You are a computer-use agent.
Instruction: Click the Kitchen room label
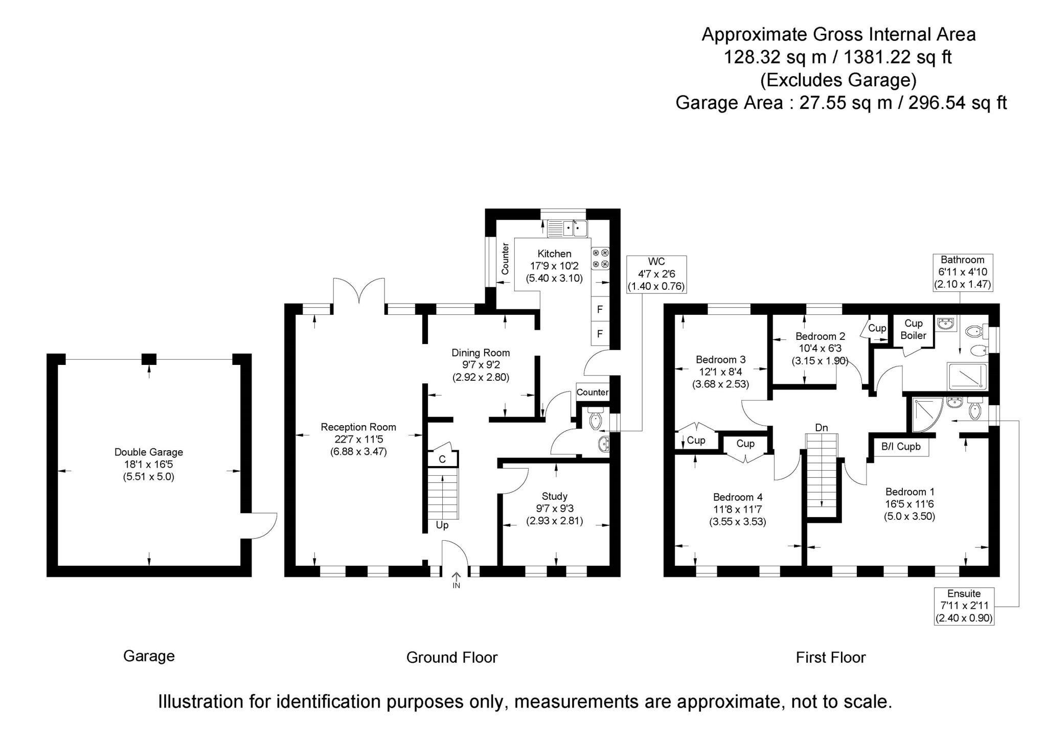tap(554, 254)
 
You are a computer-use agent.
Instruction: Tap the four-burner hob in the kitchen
tap(601, 258)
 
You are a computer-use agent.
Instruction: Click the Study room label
tap(554, 496)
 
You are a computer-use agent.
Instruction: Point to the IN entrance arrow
tap(456, 580)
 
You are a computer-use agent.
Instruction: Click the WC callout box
tap(656, 274)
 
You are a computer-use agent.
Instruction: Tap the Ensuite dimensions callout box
tap(964, 606)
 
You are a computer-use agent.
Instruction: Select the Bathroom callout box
tap(962, 272)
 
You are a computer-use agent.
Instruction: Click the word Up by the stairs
tap(442, 525)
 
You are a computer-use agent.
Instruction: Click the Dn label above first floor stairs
tap(821, 428)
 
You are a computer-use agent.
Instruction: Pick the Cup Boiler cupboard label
tap(913, 330)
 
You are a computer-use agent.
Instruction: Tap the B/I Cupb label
tap(900, 447)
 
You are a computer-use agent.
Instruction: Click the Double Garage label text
tap(148, 452)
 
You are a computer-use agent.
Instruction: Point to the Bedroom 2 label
tap(820, 336)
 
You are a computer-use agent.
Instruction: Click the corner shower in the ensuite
tap(924, 413)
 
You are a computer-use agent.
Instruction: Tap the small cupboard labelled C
tap(442, 459)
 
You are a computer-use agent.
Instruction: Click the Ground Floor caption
tap(451, 657)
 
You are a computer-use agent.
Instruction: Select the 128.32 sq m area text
tap(775, 57)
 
